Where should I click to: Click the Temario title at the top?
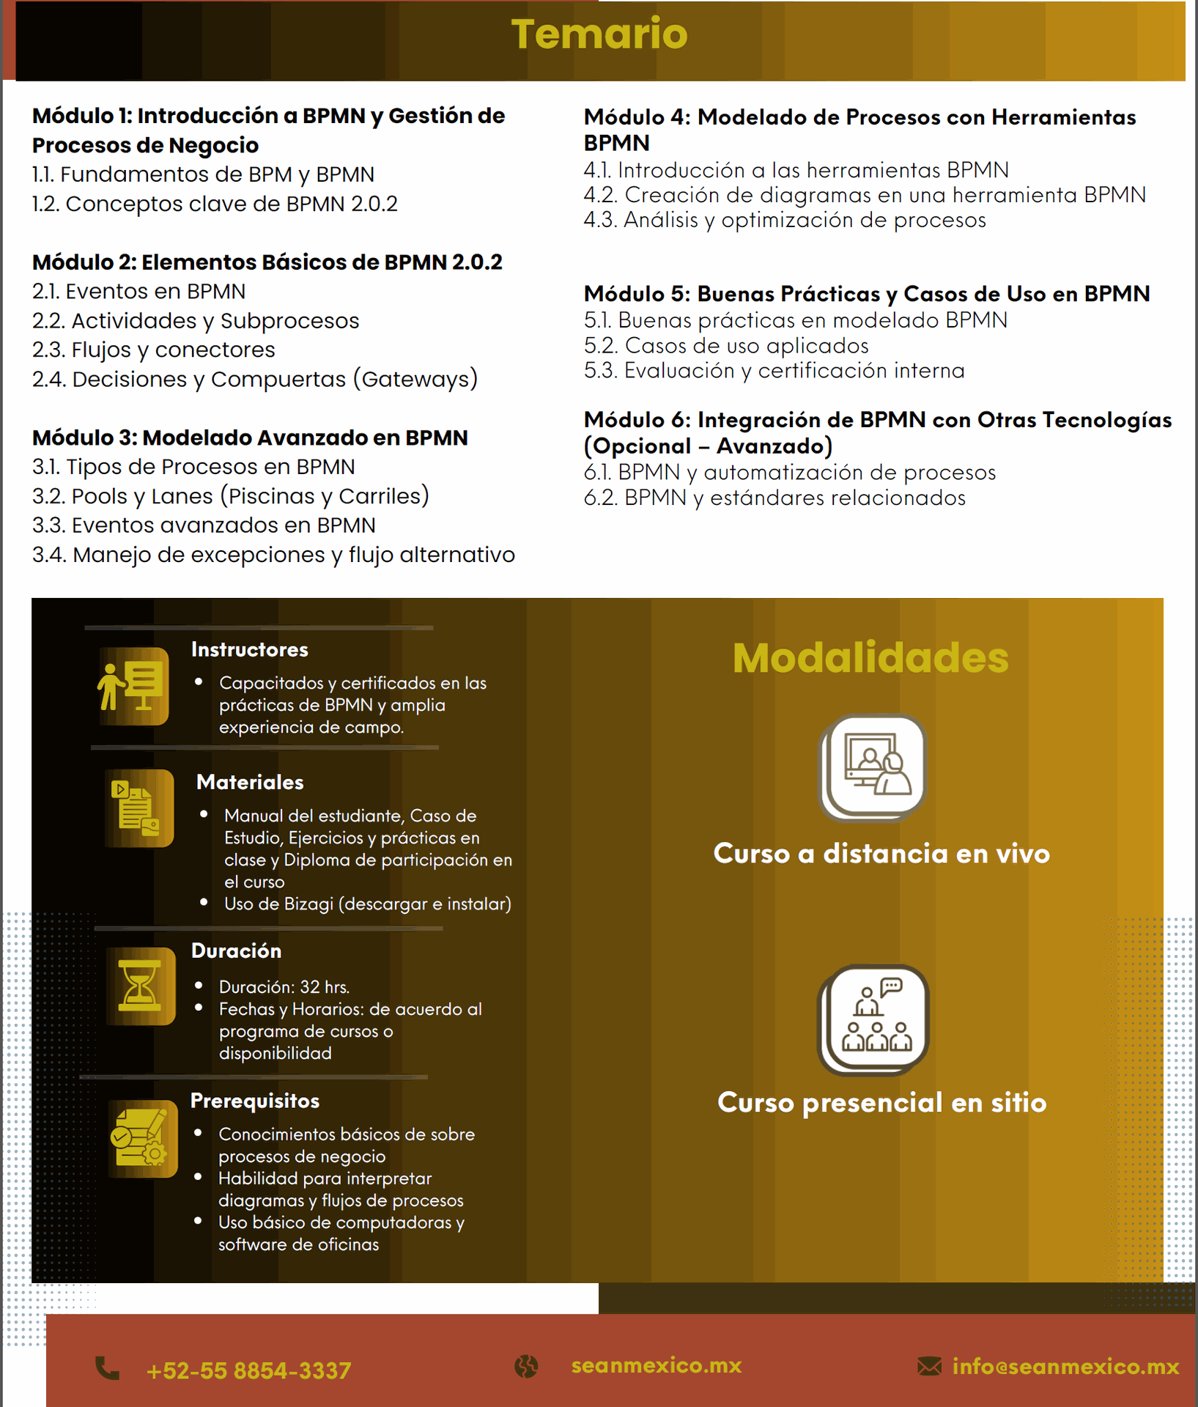point(599,34)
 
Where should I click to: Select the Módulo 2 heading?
point(267,262)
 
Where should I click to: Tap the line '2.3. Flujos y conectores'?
point(153,350)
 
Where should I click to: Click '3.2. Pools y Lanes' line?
point(230,496)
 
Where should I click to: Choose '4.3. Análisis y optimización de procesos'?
point(785,220)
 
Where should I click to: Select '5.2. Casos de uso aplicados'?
point(726,345)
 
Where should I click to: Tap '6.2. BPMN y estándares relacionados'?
point(774,498)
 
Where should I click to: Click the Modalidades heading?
point(870,657)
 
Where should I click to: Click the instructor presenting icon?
point(134,686)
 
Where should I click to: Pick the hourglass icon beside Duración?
point(140,986)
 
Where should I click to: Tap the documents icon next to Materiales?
point(138,808)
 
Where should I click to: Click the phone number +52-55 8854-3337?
point(249,1370)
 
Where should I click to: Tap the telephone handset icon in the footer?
point(108,1368)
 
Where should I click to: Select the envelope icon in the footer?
point(929,1366)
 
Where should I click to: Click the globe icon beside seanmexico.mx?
point(526,1366)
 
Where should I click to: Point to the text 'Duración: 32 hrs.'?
point(284,987)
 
